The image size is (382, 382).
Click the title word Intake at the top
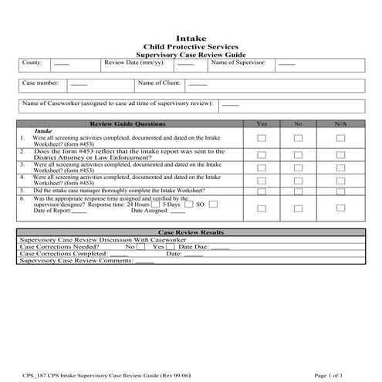191,37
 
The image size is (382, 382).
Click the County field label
33,63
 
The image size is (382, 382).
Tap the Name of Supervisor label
238,63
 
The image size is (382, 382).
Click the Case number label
40,83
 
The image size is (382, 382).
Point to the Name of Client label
159,83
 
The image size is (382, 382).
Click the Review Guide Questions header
128,123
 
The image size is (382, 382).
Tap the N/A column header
340,123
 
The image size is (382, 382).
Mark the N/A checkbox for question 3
340,167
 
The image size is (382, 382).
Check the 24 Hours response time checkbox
155,205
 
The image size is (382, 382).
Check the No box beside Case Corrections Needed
140,247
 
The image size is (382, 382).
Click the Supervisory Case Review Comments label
76,262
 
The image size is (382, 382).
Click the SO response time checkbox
213,205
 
